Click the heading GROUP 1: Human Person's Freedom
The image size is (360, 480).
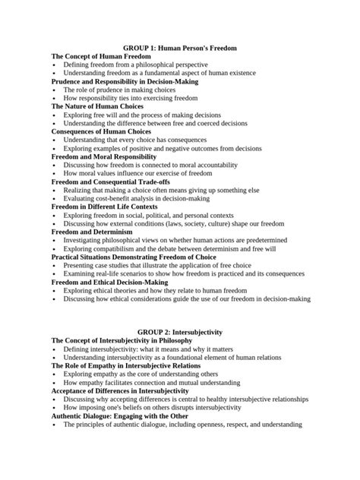pos(180,48)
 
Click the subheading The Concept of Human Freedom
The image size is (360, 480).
pos(101,57)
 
